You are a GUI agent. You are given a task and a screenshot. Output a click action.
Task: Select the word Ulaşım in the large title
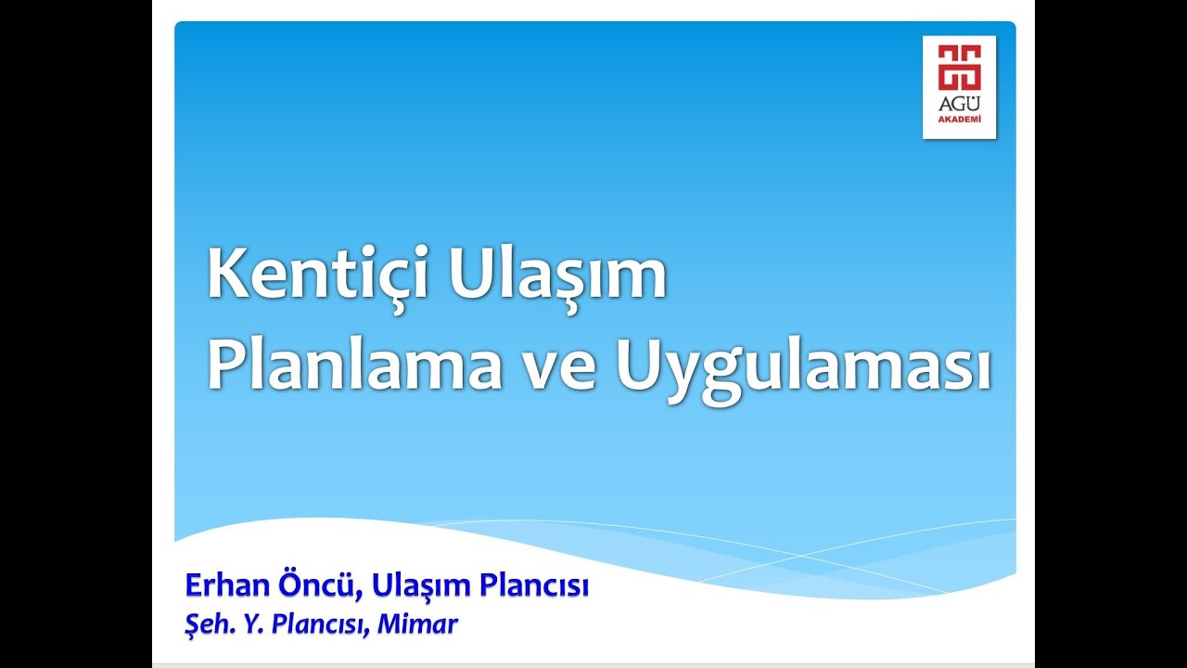click(557, 276)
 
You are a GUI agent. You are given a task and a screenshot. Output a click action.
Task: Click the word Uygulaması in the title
click(802, 366)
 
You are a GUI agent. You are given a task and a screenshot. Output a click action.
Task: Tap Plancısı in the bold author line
click(535, 588)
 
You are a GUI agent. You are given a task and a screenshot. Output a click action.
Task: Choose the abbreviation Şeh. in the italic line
click(205, 624)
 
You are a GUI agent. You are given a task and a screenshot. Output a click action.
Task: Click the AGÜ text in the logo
click(959, 105)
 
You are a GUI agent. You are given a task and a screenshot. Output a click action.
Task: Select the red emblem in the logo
click(959, 68)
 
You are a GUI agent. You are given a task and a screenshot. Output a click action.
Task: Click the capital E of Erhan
click(193, 586)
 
